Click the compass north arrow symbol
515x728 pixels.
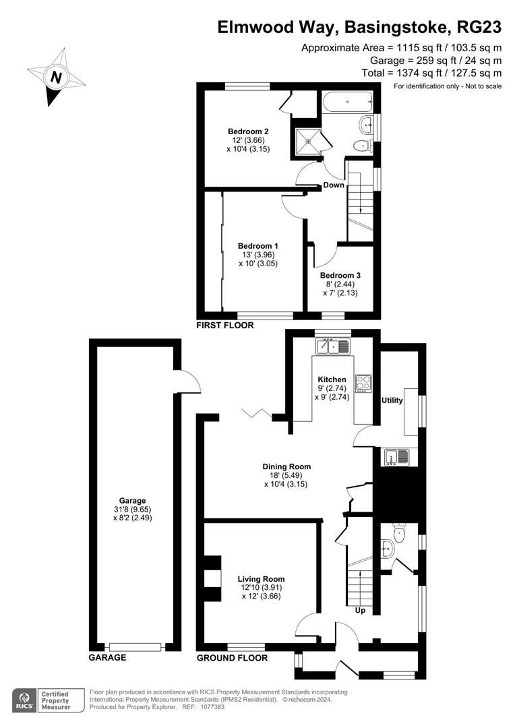[x=57, y=77]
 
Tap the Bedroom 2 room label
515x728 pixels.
[x=248, y=131]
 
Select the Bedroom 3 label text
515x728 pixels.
[x=340, y=275]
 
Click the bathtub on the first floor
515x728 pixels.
[x=347, y=102]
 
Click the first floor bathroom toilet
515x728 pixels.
[x=363, y=145]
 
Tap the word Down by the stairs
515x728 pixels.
[x=334, y=185]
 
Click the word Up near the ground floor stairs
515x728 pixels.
[x=361, y=611]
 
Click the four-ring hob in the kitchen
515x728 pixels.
[x=364, y=383]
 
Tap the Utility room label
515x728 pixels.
[x=392, y=400]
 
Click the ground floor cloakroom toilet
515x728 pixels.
[x=398, y=534]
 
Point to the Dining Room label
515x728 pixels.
[x=286, y=466]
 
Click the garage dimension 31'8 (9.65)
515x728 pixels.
[x=133, y=510]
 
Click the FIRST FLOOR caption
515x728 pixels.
[x=224, y=325]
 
